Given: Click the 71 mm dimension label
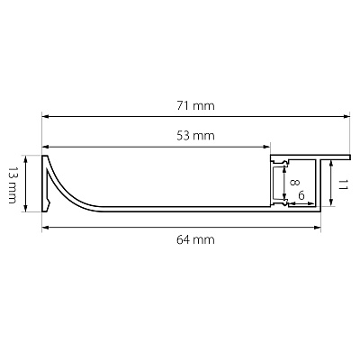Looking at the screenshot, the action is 195,106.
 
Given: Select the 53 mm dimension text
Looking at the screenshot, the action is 195,136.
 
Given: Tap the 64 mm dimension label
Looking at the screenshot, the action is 195,239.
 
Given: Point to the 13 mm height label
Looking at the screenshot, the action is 12,185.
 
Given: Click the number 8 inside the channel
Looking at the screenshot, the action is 294,182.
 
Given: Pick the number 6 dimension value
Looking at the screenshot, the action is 301,196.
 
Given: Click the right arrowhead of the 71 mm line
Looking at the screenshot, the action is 346,116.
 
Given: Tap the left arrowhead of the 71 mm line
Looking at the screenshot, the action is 45,116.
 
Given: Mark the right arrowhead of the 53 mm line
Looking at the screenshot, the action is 267,147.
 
